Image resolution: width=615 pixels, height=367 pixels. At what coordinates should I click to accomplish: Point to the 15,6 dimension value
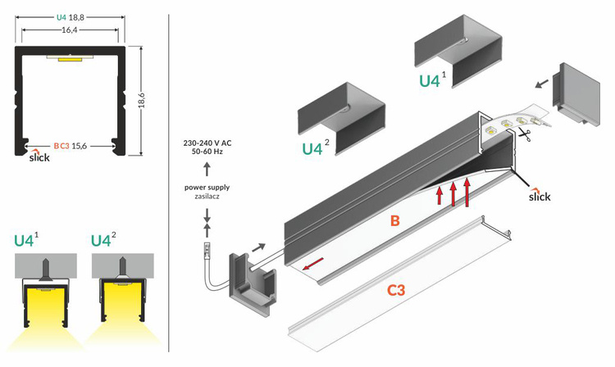point(80,146)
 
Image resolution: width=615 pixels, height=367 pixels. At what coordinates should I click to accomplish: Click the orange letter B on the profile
point(394,220)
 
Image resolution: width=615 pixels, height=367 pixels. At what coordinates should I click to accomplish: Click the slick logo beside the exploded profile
point(540,196)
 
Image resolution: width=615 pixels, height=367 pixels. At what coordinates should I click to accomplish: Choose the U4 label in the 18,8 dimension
point(61,16)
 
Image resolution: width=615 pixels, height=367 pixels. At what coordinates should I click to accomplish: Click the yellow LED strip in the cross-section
point(64,60)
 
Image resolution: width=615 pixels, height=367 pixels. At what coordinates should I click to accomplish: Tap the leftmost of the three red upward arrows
point(440,194)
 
